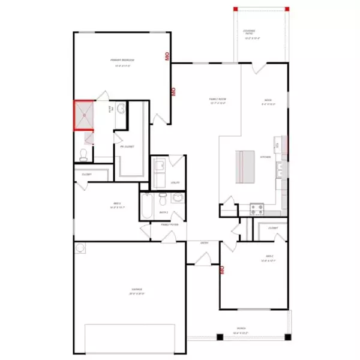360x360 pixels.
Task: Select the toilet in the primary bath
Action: [83, 155]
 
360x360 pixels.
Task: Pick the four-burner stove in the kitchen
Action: [257, 209]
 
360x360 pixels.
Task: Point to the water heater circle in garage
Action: [80, 247]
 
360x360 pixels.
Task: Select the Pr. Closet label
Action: [127, 146]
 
